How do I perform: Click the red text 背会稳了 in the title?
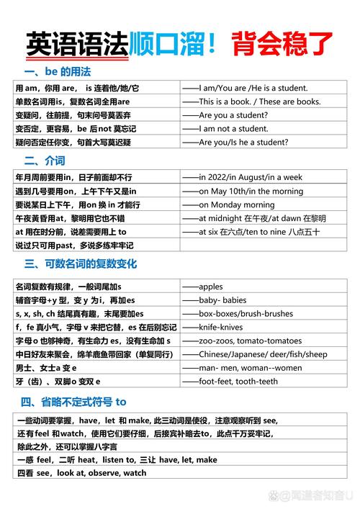tap(283, 45)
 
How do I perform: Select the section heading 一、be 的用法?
tap(57, 72)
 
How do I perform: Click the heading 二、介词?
tap(45, 160)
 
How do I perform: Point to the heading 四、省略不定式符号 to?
tap(73, 401)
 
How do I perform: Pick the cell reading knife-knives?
tap(222, 327)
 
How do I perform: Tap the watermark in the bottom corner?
tap(313, 496)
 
